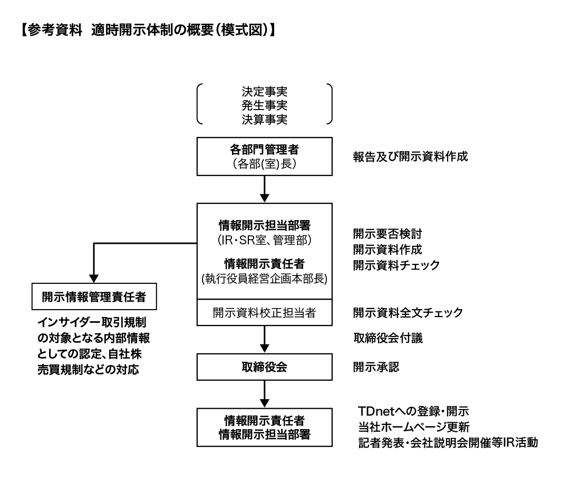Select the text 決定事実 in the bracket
click(264, 89)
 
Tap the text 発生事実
click(264, 104)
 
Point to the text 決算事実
click(264, 119)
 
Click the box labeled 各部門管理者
click(264, 156)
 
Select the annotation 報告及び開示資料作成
click(410, 156)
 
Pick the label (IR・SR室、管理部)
click(264, 241)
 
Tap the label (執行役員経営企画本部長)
click(264, 279)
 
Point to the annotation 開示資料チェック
click(396, 265)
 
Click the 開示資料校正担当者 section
click(264, 312)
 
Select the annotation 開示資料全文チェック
click(408, 312)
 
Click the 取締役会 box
click(264, 367)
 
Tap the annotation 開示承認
click(376, 367)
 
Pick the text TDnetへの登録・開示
click(413, 411)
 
